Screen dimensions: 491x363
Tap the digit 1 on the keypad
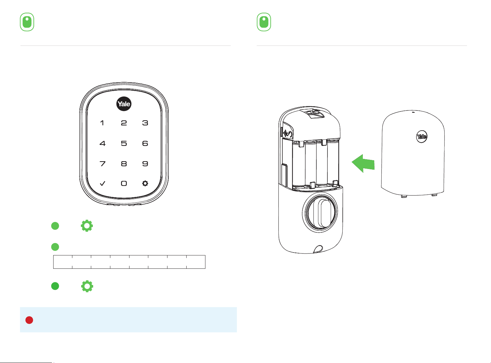click(102, 123)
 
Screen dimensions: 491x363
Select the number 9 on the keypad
click(145, 164)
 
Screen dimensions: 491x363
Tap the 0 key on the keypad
click(124, 183)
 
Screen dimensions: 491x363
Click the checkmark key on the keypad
click(102, 183)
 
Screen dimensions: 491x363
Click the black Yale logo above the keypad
click(124, 104)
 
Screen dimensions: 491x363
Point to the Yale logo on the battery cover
click(422, 136)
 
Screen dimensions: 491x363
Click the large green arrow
click(363, 163)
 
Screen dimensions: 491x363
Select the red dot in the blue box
click(29, 320)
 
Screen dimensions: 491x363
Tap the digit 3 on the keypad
click(145, 123)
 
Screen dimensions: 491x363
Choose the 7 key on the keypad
click(102, 164)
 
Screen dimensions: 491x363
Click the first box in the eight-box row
click(63, 262)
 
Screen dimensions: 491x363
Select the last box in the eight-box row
click(196, 262)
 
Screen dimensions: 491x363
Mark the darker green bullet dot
click(55, 286)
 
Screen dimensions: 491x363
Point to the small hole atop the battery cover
click(413, 112)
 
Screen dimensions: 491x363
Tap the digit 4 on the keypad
click(102, 143)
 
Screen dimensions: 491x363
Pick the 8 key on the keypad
click(124, 164)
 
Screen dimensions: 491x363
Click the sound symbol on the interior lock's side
click(288, 134)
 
